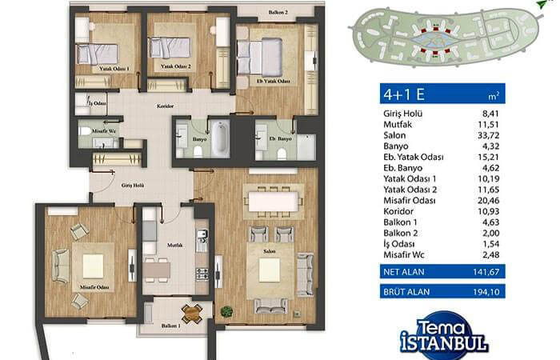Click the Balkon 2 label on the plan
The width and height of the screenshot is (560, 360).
coord(278,13)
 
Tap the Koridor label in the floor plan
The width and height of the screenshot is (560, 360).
coord(166,106)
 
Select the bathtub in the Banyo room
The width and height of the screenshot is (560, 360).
coord(220,138)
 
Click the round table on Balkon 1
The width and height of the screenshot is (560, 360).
coord(192,314)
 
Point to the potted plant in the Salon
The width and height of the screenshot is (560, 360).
coord(226,311)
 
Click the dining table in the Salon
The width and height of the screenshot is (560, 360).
coord(274,202)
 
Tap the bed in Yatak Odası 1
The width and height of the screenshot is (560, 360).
coord(97,54)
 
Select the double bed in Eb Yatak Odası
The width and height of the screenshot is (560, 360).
coord(260,57)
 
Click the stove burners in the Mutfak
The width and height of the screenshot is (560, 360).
coord(202,274)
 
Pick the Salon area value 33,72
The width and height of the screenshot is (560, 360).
coord(489,135)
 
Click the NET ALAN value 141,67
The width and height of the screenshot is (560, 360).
coord(486,272)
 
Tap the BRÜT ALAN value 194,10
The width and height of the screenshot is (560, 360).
coord(486,292)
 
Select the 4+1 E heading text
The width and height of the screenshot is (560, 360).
coord(404,94)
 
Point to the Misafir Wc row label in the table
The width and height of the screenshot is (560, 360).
coord(404,254)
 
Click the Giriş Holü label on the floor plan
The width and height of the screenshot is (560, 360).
coord(133,186)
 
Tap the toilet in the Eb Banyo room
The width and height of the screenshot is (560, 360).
coord(282,154)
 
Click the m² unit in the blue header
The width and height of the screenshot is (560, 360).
coord(494,96)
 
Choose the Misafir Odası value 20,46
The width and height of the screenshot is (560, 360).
coord(489,200)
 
